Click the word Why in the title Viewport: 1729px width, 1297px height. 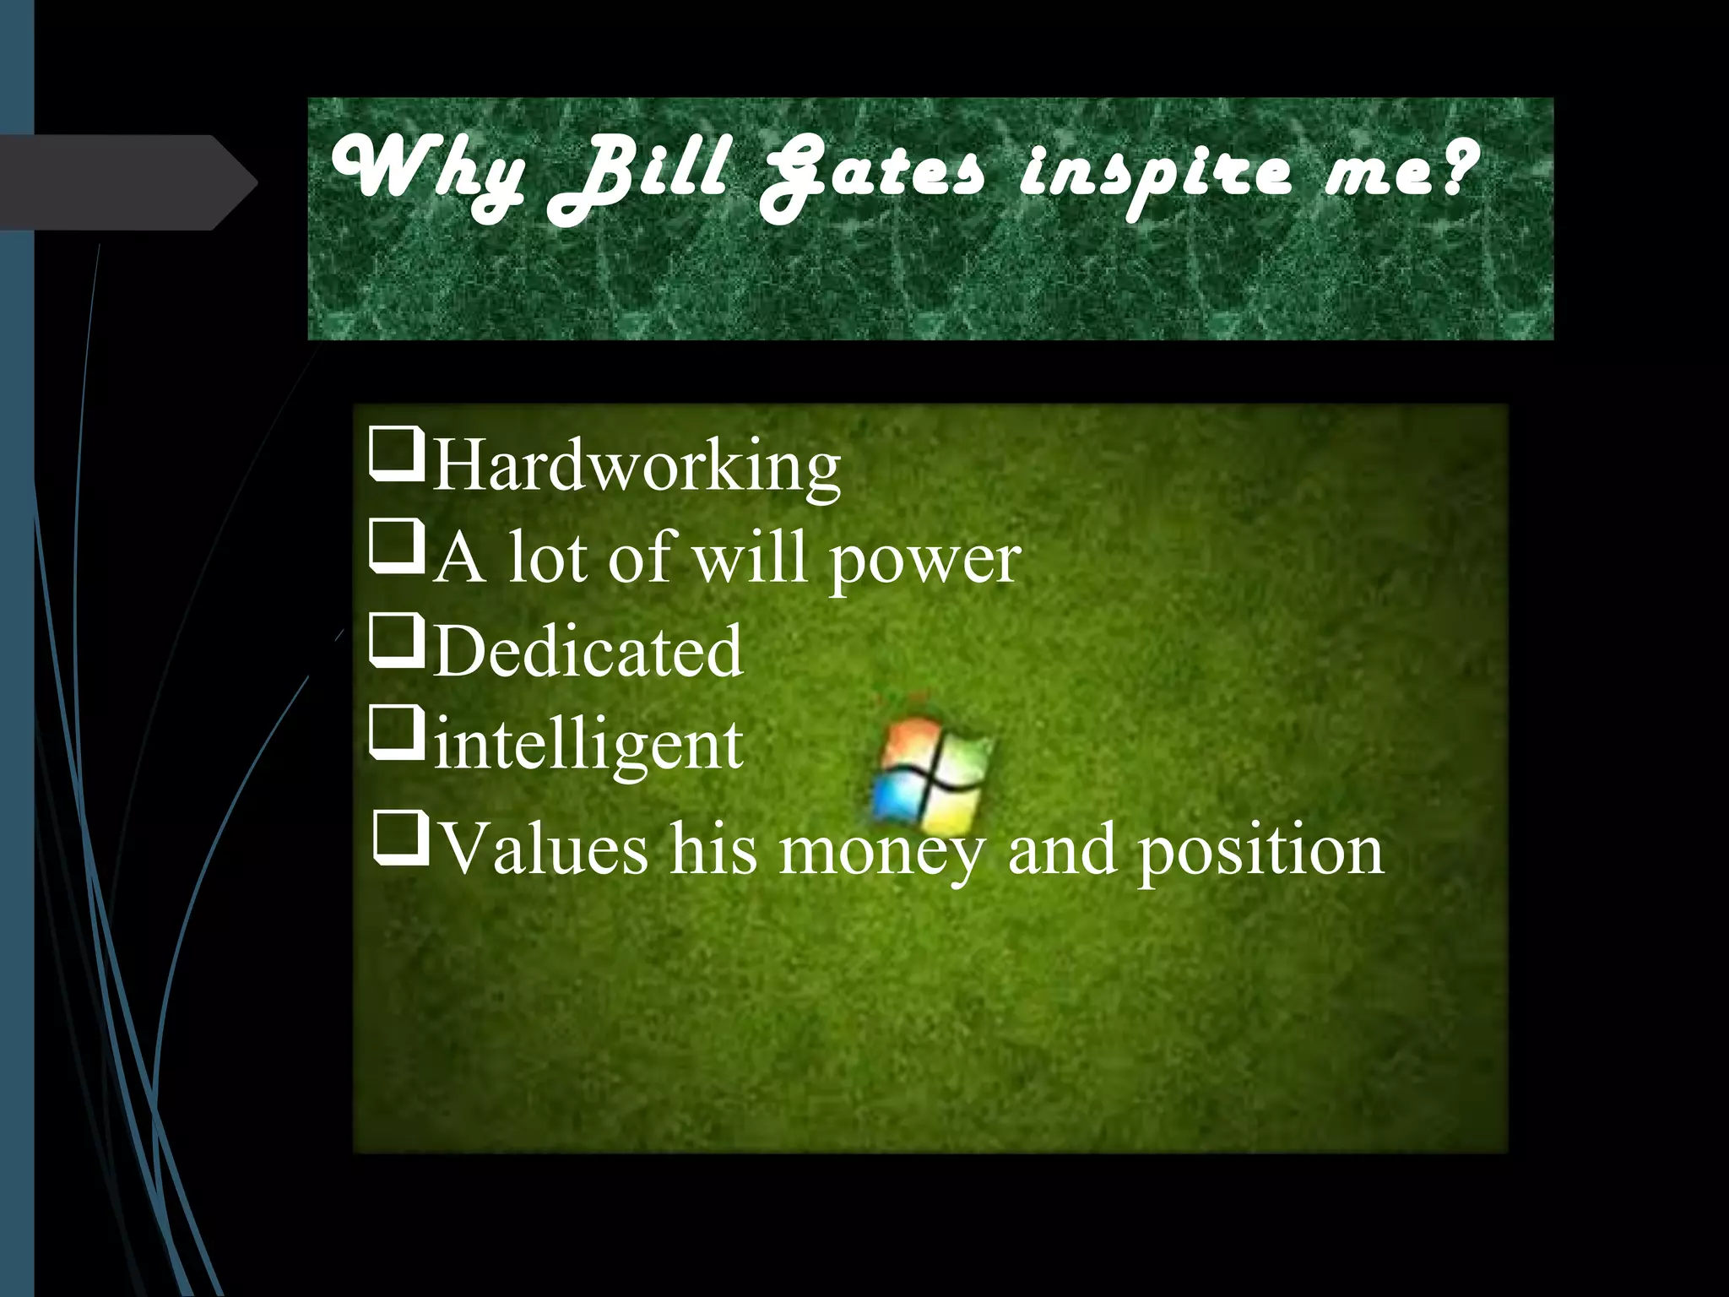[x=426, y=173]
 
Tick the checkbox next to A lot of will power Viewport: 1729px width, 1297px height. [x=396, y=547]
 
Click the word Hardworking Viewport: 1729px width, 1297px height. [x=637, y=466]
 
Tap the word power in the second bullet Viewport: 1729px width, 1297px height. [x=925, y=561]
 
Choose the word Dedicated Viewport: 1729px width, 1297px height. [x=588, y=651]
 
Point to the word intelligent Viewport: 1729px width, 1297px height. [x=588, y=746]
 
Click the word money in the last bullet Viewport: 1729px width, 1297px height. [x=881, y=851]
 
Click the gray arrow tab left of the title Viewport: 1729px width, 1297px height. [x=127, y=182]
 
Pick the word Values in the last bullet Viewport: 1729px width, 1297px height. [x=545, y=849]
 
